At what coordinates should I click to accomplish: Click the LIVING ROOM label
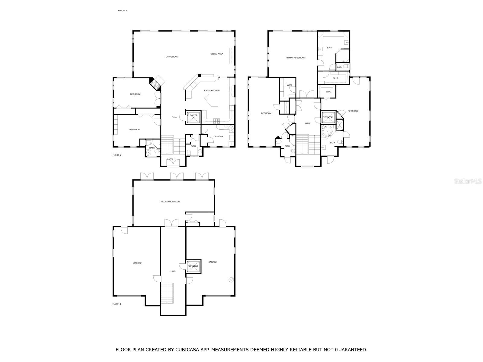click(x=172, y=57)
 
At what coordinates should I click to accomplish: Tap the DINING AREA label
click(x=217, y=54)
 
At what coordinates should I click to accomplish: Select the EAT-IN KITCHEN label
click(x=212, y=91)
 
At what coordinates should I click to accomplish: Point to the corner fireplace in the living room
click(x=156, y=84)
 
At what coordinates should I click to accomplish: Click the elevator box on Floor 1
click(x=193, y=266)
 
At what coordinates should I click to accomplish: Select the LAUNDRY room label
click(x=218, y=136)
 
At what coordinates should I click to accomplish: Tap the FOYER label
click(x=171, y=159)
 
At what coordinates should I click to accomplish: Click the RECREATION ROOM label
click(x=170, y=202)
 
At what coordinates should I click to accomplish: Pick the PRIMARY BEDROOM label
click(x=296, y=58)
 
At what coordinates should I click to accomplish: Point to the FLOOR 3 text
click(x=122, y=11)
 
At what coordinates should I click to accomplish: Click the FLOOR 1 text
click(x=117, y=304)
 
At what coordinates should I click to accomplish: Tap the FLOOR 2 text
click(x=117, y=155)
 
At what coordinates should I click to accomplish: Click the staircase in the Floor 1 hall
click(x=167, y=293)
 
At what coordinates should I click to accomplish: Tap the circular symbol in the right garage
click(x=231, y=280)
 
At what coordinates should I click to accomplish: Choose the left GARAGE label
click(x=137, y=263)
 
